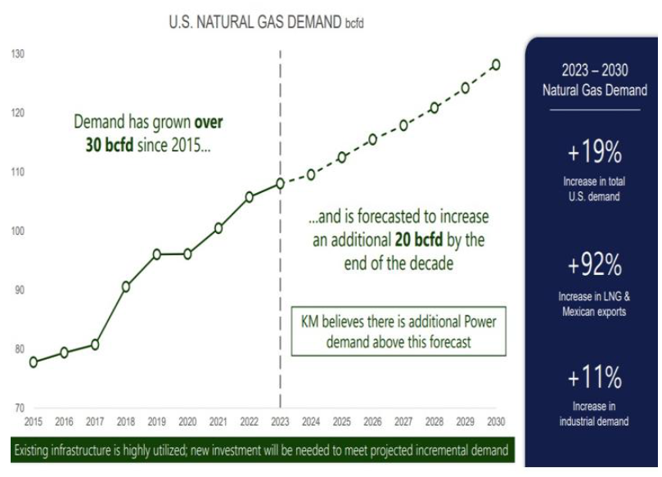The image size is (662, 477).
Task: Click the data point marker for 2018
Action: (x=126, y=286)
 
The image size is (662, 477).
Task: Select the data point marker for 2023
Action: (x=280, y=183)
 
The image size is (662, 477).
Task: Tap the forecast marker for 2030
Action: (x=496, y=65)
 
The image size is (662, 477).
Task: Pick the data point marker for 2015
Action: (x=34, y=362)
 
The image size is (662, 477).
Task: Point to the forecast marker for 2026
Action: (x=372, y=139)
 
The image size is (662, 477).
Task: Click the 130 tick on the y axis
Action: (x=18, y=54)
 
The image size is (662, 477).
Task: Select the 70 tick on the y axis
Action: (x=18, y=407)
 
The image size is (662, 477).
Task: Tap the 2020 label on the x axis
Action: (x=187, y=422)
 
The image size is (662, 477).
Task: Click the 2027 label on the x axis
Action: (x=403, y=422)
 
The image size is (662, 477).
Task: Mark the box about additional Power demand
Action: (x=398, y=331)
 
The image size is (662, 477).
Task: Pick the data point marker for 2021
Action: (x=218, y=228)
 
